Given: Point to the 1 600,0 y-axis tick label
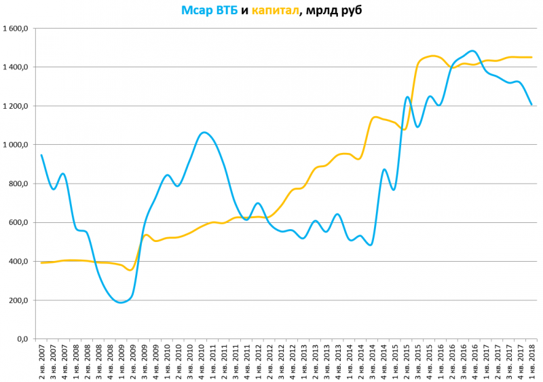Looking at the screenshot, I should (14, 29).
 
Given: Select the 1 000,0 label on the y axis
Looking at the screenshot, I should (14, 145).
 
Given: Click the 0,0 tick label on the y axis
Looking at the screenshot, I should (22, 339).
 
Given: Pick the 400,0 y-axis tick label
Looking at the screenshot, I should (18, 262).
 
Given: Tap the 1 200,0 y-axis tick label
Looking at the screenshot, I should (14, 107).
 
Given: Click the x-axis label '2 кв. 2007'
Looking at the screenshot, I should (42, 361).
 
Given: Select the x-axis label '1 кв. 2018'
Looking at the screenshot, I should (531, 361).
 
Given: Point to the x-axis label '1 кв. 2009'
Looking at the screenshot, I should (121, 361).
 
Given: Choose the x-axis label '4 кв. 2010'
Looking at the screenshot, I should (202, 361).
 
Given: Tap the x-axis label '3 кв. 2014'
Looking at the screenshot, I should (372, 361).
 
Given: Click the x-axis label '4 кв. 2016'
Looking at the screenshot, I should (474, 361).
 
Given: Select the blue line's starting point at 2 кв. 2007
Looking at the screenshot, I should (41, 155).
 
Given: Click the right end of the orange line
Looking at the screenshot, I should (531, 57).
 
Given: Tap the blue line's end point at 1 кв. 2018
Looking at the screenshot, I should (531, 105).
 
